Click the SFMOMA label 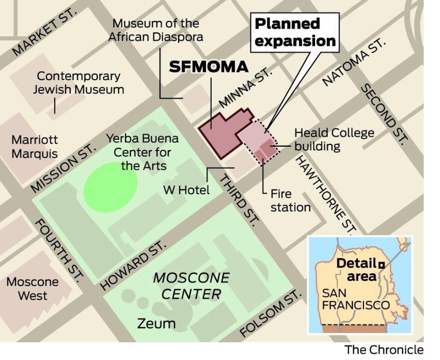point(208,67)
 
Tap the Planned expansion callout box point(295,32)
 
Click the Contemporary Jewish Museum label point(79,83)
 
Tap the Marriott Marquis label point(35,146)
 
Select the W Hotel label point(186,190)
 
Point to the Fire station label point(290,200)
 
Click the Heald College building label point(333,139)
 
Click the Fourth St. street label point(59,250)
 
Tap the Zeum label point(157,323)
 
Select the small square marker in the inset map point(381,264)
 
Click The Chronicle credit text point(384,350)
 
